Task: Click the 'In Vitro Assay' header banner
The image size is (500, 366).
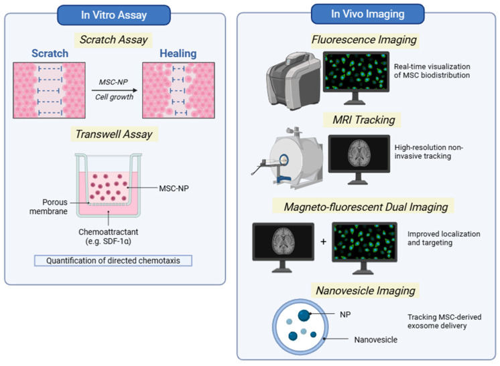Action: click(114, 15)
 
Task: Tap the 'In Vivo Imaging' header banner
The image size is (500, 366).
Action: click(368, 13)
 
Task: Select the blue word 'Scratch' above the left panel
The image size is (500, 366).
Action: click(50, 53)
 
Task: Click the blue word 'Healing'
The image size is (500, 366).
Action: click(178, 53)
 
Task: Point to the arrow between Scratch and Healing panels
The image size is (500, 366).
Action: click(115, 90)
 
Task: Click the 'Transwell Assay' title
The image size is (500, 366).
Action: click(114, 134)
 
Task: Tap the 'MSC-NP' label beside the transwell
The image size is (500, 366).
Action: click(174, 189)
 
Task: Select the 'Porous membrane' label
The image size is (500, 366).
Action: click(48, 207)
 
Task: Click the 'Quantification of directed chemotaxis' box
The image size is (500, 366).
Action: click(113, 261)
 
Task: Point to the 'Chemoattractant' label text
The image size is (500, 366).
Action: click(109, 232)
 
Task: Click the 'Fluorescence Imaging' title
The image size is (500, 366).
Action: click(364, 39)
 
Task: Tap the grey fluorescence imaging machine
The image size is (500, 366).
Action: click(293, 81)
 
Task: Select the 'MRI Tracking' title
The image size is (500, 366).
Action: click(364, 120)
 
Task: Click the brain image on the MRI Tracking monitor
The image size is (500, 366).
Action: click(359, 153)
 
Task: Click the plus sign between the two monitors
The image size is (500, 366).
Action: click(323, 242)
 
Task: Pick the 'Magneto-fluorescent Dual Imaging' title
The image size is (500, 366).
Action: click(366, 207)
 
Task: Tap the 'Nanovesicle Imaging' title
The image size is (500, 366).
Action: click(365, 290)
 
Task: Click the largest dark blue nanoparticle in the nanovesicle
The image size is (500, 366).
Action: click(304, 315)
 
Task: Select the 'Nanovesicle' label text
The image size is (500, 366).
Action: click(375, 340)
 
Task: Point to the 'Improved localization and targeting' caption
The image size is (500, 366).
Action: click(444, 238)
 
